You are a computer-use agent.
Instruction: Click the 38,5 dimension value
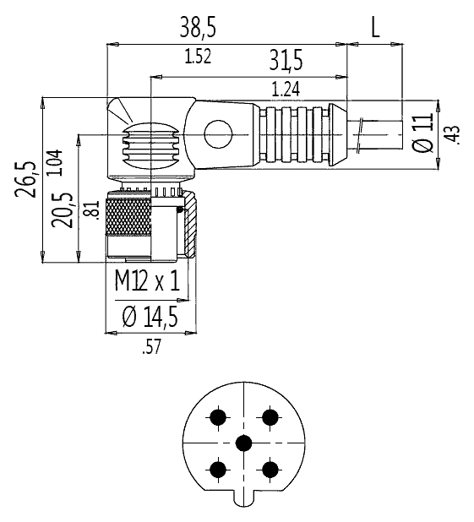tap(198, 27)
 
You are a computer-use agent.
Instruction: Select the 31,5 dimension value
tap(286, 60)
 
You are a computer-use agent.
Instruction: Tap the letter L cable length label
tap(375, 28)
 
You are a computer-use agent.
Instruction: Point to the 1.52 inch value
tap(198, 57)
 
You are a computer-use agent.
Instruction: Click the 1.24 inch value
tap(286, 90)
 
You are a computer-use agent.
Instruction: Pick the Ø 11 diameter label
tap(422, 133)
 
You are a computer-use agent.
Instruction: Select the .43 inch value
tap(454, 135)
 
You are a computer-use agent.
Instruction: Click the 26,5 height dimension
tap(25, 179)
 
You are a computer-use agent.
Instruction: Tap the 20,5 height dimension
tap(63, 209)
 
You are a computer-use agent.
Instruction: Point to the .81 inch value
tap(93, 210)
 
